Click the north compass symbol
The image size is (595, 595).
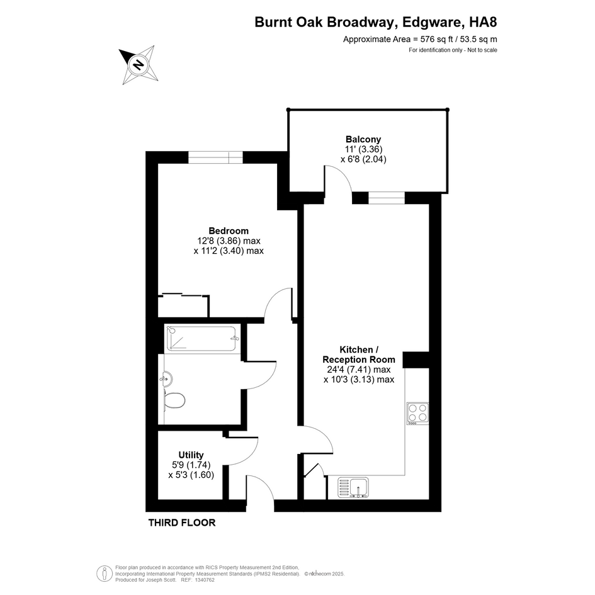click(x=139, y=65)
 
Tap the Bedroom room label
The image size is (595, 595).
click(x=229, y=230)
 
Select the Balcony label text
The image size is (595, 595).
click(x=363, y=139)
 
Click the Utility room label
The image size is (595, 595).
click(x=191, y=455)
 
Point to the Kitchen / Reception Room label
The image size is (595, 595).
click(x=359, y=354)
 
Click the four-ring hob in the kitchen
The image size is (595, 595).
click(x=417, y=413)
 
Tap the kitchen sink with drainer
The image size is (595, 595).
click(x=353, y=487)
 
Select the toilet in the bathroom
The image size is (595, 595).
click(x=174, y=400)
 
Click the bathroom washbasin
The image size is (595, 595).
click(x=167, y=378)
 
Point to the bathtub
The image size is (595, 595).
click(x=202, y=339)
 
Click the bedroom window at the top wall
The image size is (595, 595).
click(x=215, y=157)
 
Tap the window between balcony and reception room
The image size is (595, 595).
click(x=387, y=198)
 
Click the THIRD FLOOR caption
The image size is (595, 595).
click(x=182, y=523)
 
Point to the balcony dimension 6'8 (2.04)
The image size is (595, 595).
click(x=363, y=159)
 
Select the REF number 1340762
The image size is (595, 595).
click(x=205, y=580)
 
